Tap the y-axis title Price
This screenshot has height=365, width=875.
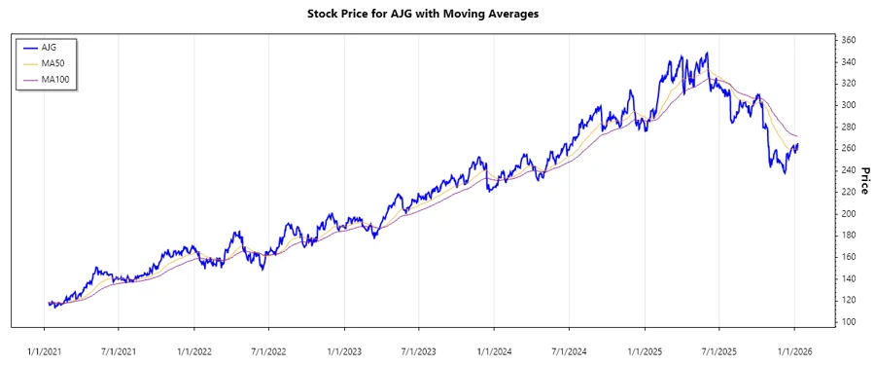(x=864, y=180)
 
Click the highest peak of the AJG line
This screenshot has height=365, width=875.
(x=707, y=53)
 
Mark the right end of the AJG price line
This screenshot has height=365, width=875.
(x=798, y=145)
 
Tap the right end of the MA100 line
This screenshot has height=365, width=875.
(x=798, y=135)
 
